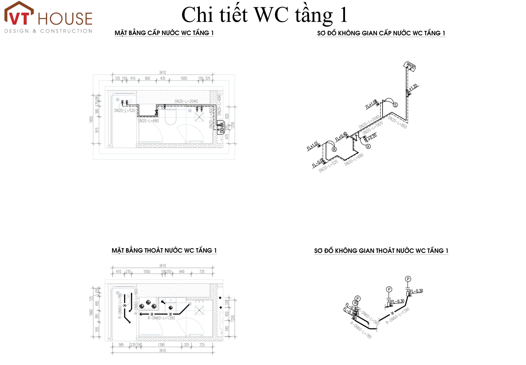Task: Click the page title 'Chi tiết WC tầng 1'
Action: tap(264, 15)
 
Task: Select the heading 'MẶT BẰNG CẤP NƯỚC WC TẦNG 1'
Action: tap(164, 33)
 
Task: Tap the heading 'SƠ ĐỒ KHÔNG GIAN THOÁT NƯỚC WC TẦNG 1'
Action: tap(381, 251)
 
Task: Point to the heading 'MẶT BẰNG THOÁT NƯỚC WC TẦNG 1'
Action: tap(164, 250)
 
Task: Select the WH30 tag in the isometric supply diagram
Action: tap(410, 66)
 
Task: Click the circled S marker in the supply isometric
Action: tap(395, 105)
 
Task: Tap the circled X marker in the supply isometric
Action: tap(368, 146)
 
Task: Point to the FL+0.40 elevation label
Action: tap(341, 137)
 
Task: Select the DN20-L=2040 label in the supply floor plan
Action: tap(186, 101)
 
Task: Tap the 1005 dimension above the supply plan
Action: tap(184, 78)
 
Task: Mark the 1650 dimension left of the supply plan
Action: tap(91, 119)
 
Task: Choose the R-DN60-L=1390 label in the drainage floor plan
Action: tap(161, 318)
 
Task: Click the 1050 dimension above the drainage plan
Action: tap(147, 272)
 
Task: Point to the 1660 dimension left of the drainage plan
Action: tap(91, 312)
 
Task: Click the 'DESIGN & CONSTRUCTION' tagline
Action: tap(48, 31)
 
